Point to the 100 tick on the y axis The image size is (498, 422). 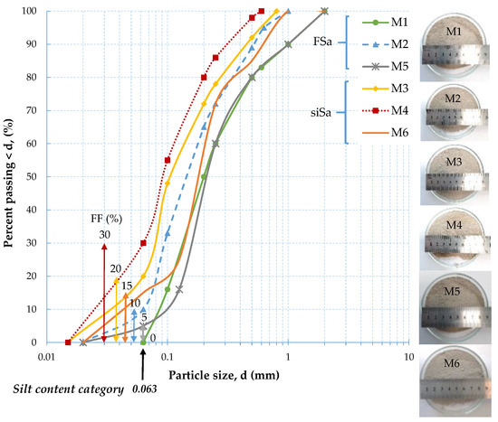(30, 11)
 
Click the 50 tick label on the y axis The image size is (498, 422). (33, 176)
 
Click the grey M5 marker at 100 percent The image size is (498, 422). (324, 11)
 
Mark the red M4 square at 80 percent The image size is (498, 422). (203, 78)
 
